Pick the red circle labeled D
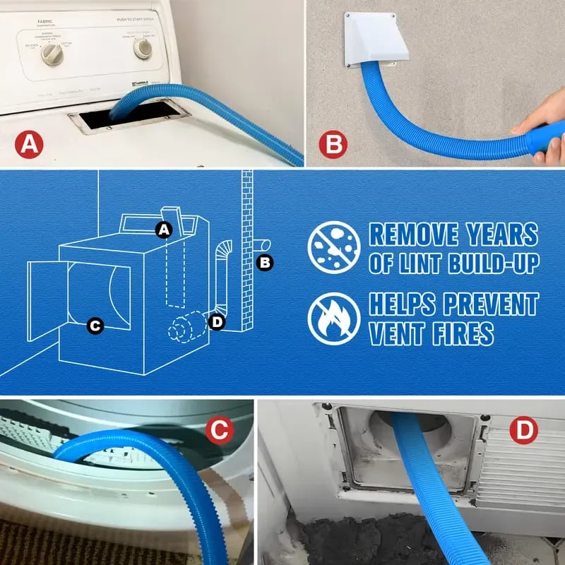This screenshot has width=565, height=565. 523,432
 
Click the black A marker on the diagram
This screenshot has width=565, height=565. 164,229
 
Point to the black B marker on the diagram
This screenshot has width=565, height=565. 265,263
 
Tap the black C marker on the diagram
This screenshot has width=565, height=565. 95,326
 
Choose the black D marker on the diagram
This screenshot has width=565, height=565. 217,322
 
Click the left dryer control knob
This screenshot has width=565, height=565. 53,55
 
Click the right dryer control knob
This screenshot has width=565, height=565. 143,48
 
